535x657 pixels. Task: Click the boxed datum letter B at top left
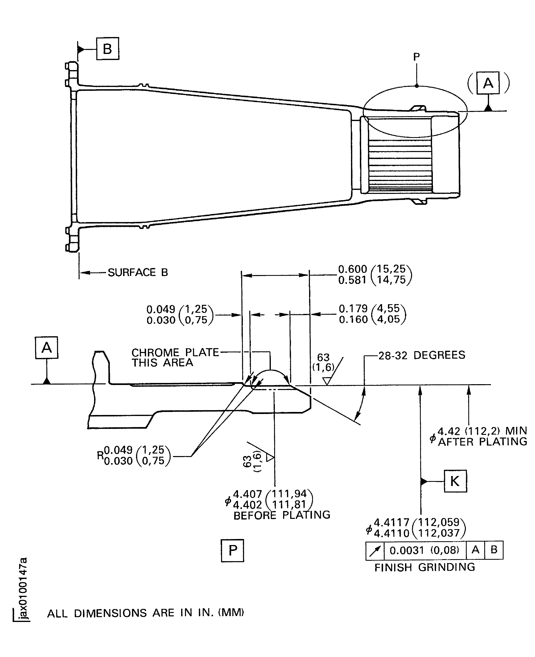(108, 49)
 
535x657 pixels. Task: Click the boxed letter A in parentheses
(488, 83)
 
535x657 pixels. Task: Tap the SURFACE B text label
(138, 272)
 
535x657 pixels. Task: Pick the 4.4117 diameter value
(391, 522)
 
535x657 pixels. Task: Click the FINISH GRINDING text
(424, 567)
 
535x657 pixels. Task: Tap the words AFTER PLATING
(482, 442)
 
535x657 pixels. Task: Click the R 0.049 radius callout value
(118, 450)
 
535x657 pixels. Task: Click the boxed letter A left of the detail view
(47, 348)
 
